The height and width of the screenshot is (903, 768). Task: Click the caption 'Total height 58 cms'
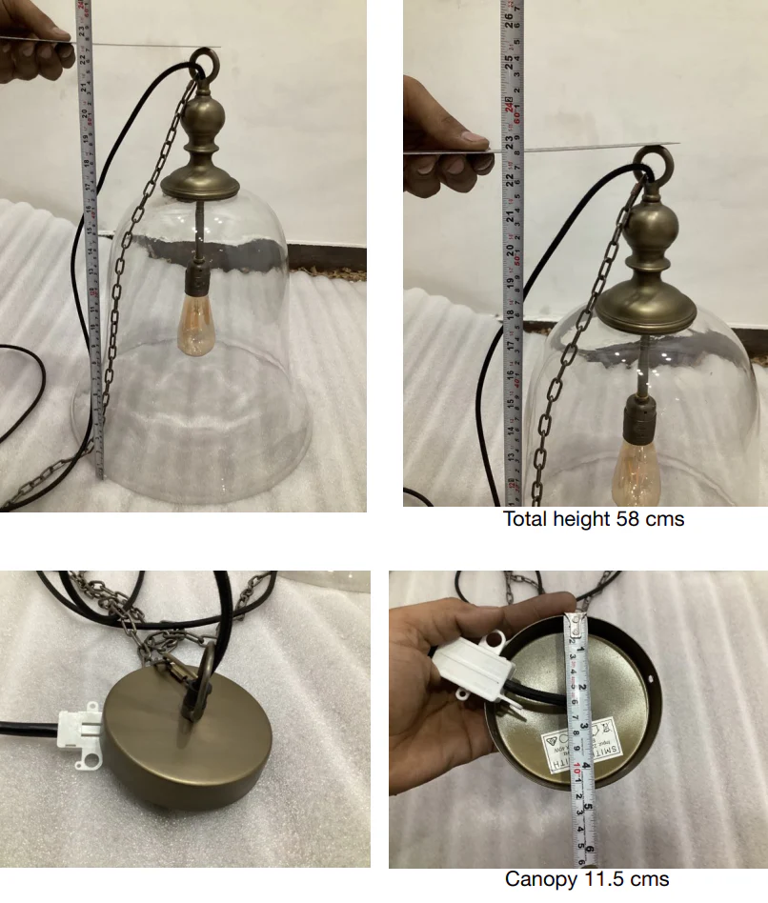(594, 519)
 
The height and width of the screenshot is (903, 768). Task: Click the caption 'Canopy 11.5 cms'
(587, 879)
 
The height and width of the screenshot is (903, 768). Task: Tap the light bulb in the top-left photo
(196, 324)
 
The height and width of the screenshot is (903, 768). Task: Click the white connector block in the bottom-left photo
(83, 734)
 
